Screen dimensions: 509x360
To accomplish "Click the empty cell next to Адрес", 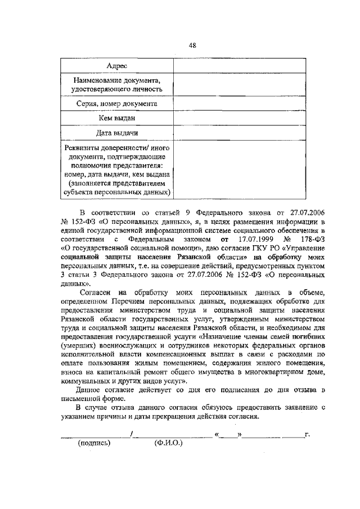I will click(230, 66).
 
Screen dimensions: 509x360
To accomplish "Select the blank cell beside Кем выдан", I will click(230, 118).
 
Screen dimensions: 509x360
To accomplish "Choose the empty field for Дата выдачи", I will click(230, 133).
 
